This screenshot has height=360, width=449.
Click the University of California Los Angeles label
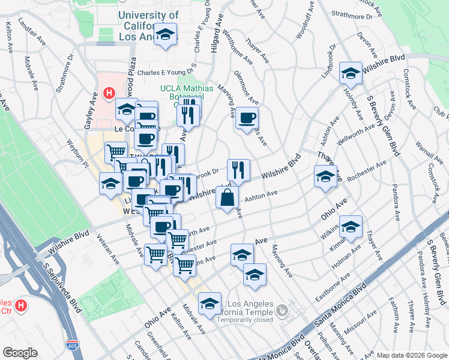148,26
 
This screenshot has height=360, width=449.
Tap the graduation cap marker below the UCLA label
164,35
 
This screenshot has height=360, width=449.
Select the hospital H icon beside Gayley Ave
109,93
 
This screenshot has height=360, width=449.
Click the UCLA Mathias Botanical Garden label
186,94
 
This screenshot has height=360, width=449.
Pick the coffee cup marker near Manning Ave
246,118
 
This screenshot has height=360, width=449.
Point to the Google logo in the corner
20,353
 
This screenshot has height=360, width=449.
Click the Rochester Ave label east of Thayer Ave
363,170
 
